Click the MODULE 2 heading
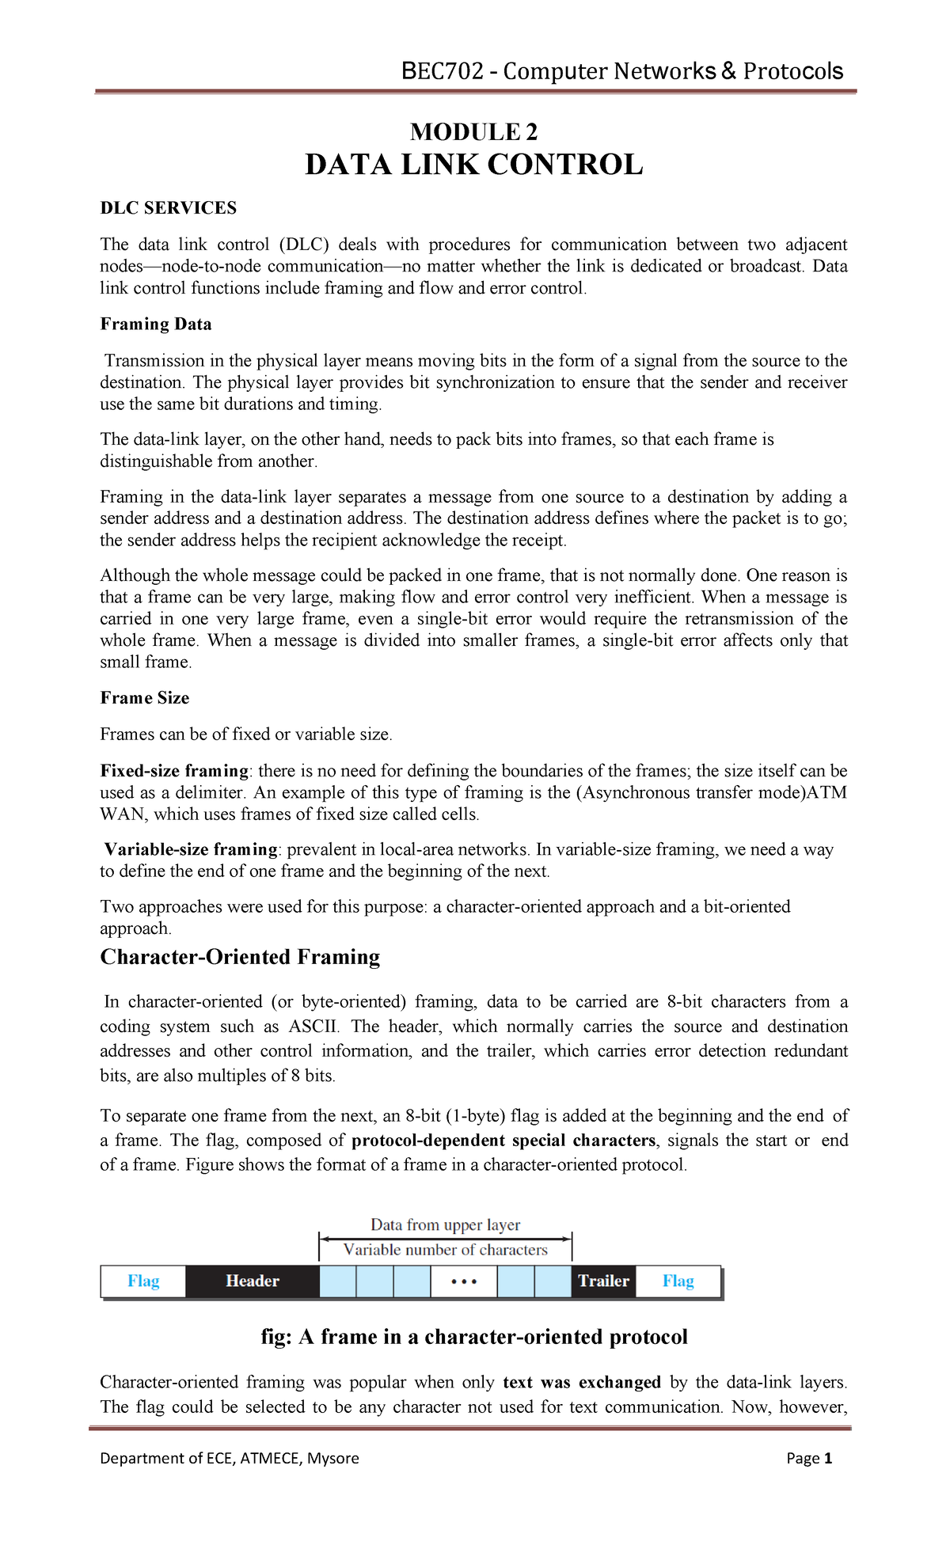pos(473,131)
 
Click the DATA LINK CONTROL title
pos(473,165)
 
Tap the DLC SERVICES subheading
pos(168,208)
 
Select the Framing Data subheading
pos(155,325)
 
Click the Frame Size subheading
pos(144,698)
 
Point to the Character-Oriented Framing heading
pos(240,957)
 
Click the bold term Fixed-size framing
pos(174,771)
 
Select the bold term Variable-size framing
pos(191,849)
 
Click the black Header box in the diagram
pos(252,1281)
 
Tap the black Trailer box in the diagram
pos(603,1281)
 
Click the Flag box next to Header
pos(143,1281)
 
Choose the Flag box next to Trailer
pos(678,1281)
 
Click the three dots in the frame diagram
pos(464,1281)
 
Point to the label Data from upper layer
pos(445,1224)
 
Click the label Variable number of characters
pos(445,1250)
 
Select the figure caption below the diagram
pos(473,1337)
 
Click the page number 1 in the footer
pos(828,1459)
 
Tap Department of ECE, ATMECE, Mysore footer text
pos(230,1459)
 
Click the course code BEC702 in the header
pos(442,71)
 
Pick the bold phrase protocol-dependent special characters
pos(503,1141)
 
